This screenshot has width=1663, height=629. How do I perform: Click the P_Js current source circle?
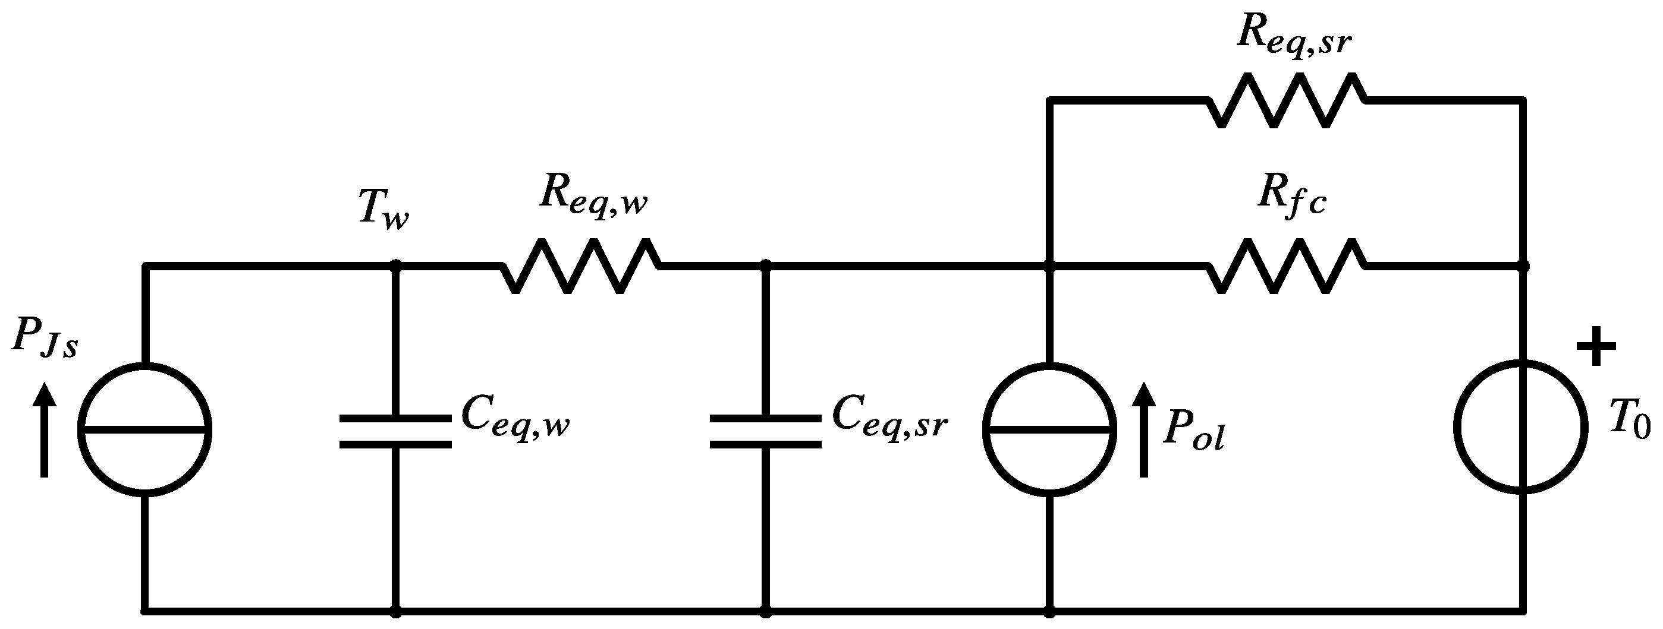(x=144, y=429)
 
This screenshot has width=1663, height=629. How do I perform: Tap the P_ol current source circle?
(x=1049, y=429)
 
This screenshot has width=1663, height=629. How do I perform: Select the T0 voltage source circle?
(x=1523, y=429)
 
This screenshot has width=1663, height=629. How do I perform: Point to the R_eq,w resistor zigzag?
(x=580, y=265)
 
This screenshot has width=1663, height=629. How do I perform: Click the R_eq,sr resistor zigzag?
(x=1286, y=100)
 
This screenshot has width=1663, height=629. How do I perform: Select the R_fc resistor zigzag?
(x=1286, y=265)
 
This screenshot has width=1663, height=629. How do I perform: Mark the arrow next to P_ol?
(x=1144, y=429)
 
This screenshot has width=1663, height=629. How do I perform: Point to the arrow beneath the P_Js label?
(x=45, y=429)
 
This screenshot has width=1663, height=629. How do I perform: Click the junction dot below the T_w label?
(x=396, y=264)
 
